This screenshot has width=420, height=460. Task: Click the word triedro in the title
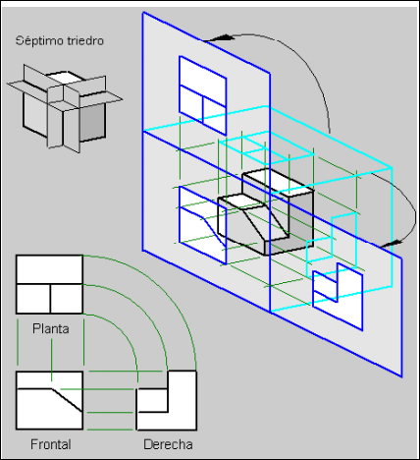[85, 40]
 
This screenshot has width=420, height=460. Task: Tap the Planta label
[51, 328]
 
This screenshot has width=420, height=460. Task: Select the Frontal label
[51, 444]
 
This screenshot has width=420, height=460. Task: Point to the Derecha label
[168, 444]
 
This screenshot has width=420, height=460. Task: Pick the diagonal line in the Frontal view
[67, 400]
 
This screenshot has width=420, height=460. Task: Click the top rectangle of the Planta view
[49, 269]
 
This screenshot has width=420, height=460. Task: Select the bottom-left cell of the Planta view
[33, 299]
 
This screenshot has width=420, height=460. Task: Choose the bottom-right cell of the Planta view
[67, 299]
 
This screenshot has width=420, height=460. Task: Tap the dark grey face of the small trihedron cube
[92, 122]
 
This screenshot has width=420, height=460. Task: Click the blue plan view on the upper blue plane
[203, 95]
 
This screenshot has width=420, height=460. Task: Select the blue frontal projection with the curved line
[203, 225]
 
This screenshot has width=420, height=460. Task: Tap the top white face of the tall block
[278, 182]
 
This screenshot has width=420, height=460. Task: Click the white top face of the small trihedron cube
[65, 78]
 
